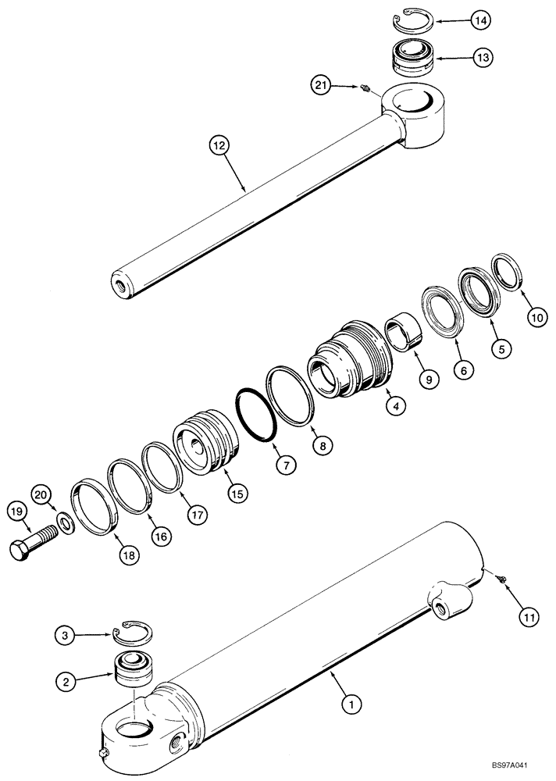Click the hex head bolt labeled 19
[x=30, y=547]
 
